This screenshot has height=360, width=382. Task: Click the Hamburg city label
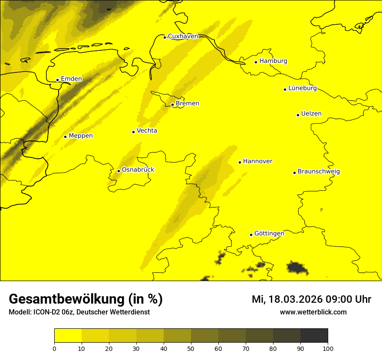tap(273, 61)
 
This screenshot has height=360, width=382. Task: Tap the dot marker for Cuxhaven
tap(165, 37)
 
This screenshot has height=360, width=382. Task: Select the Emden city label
tap(71, 79)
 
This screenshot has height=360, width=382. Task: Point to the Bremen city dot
tap(172, 105)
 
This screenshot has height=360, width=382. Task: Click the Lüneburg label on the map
tap(302, 88)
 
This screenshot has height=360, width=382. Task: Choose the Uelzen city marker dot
tap(298, 115)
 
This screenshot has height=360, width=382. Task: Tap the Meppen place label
tap(81, 136)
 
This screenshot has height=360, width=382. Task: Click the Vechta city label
tap(147, 131)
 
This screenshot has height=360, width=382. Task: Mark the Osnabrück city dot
tap(119, 171)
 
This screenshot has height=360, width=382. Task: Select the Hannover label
tap(257, 161)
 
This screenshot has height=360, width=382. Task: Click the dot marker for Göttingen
tap(251, 235)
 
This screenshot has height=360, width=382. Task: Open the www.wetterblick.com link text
tap(313, 312)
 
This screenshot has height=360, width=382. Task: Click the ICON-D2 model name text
tap(44, 312)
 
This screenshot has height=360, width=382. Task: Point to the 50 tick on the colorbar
tap(191, 348)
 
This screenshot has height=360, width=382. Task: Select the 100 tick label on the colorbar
tap(328, 348)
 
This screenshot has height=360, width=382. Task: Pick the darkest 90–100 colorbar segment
tap(314, 336)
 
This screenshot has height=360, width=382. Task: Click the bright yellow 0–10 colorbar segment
tap(68, 336)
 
